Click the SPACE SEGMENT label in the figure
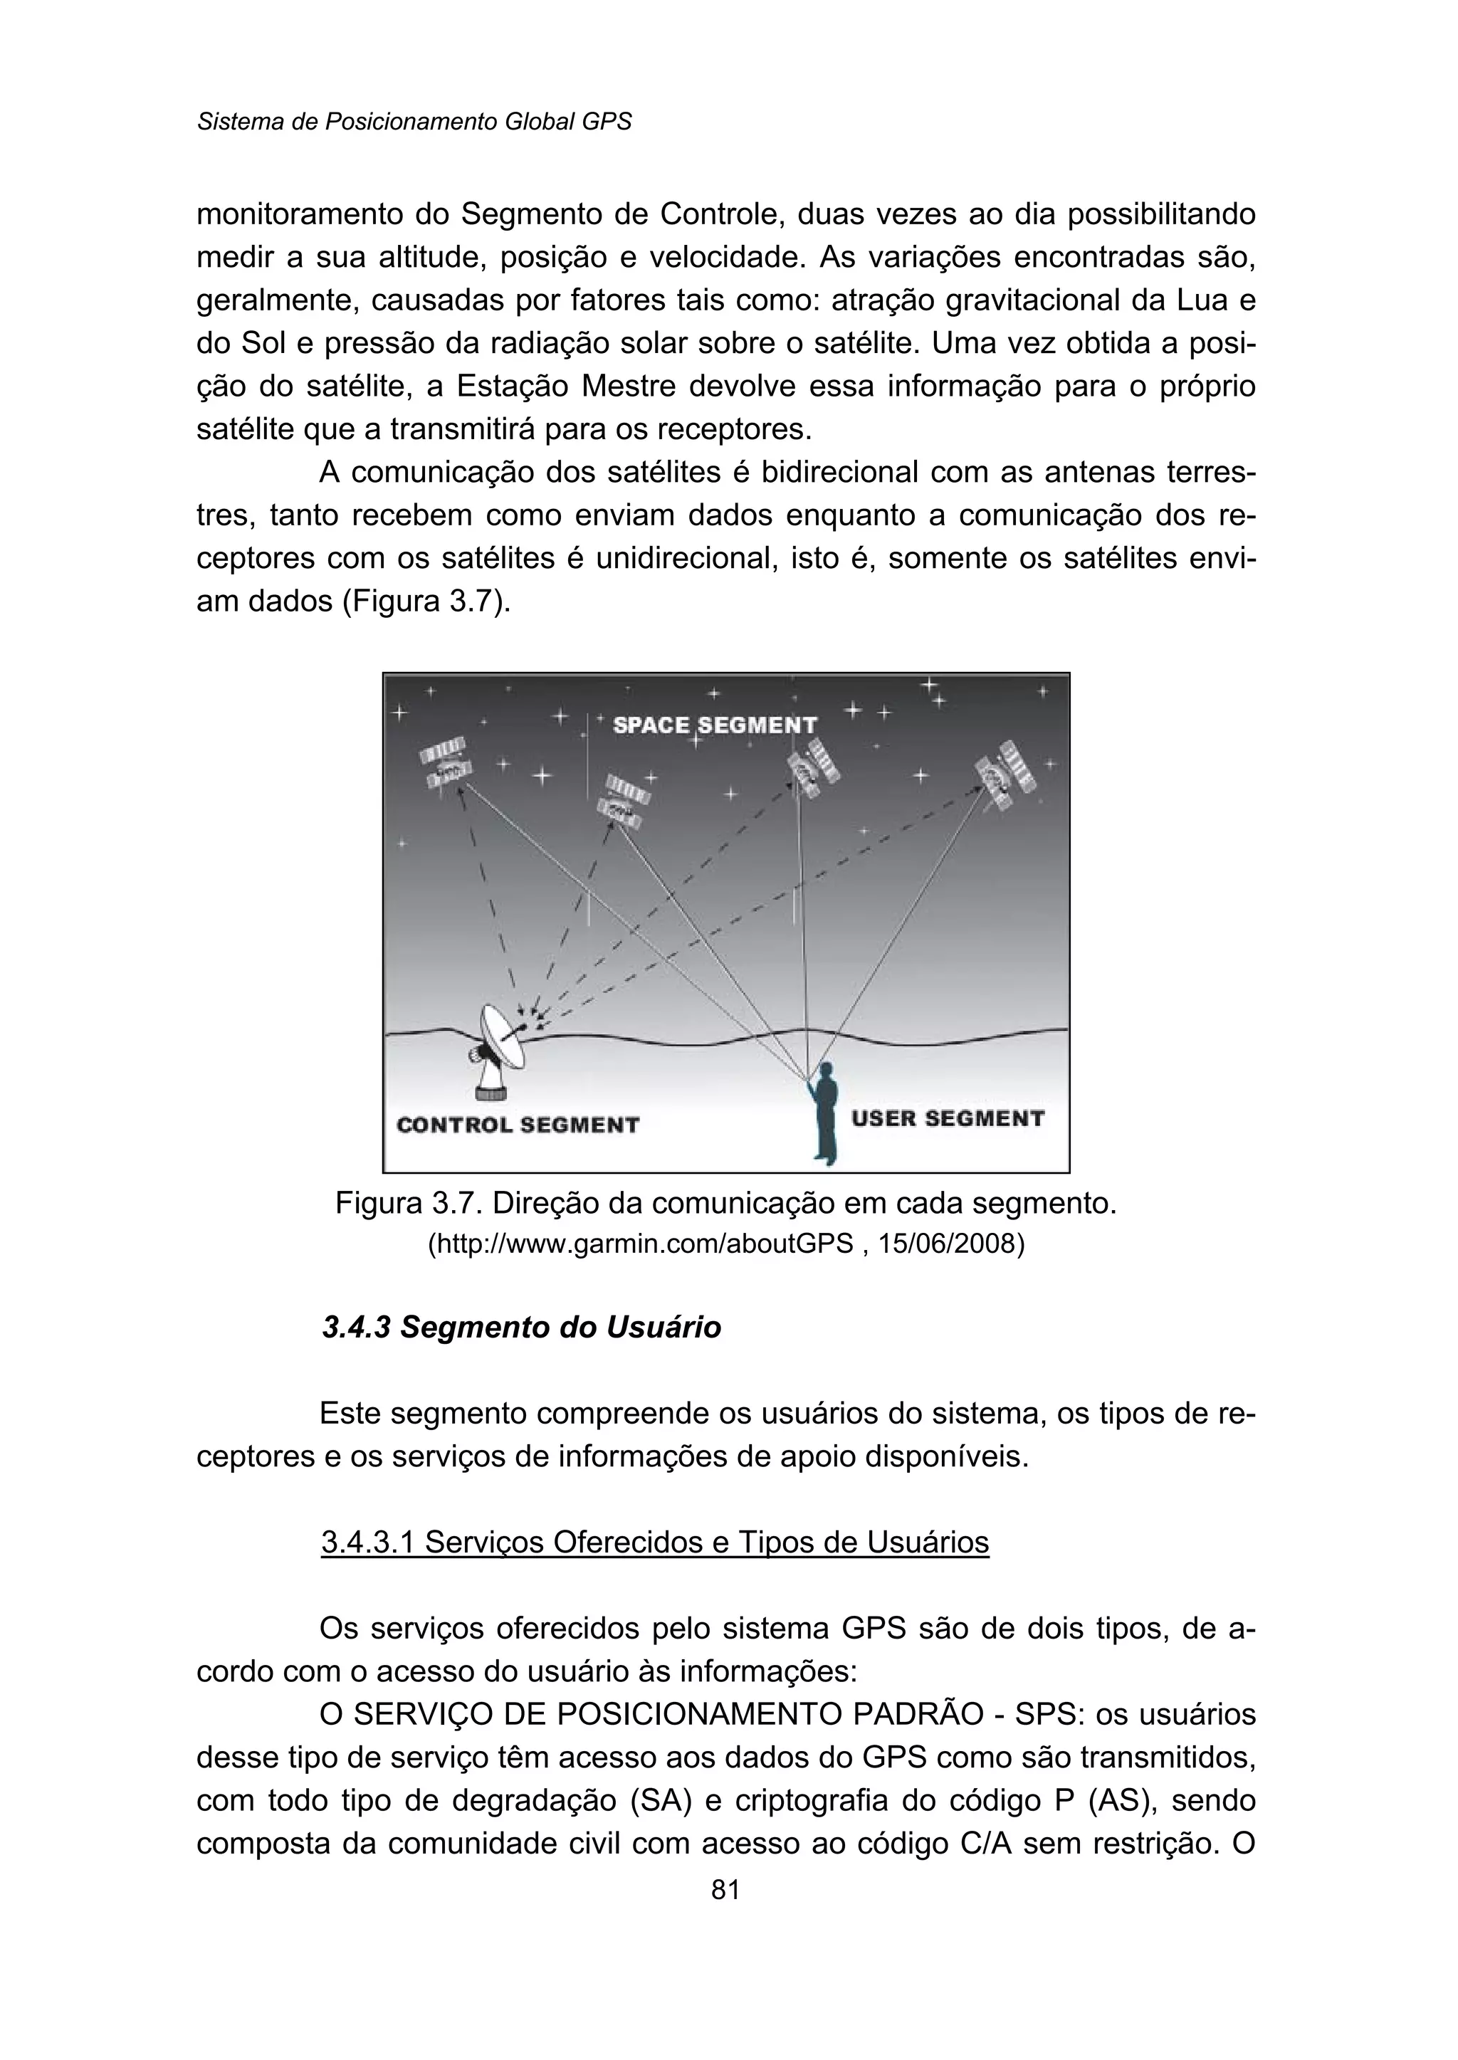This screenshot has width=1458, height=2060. [x=715, y=725]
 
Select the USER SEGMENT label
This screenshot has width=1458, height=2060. [x=947, y=1118]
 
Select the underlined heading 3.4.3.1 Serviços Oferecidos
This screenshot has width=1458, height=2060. [x=654, y=1542]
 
